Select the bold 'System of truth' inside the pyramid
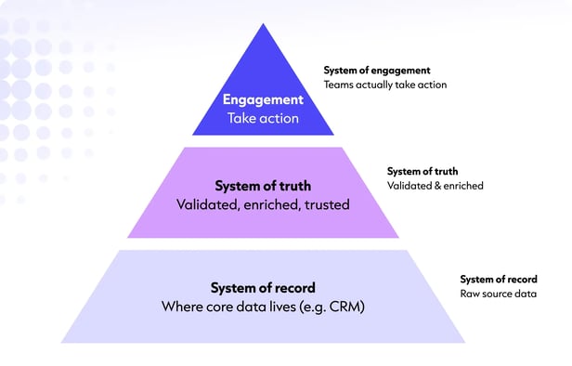pyautogui.click(x=263, y=186)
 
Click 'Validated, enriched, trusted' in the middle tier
pyautogui.click(x=263, y=204)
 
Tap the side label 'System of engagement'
pyautogui.click(x=376, y=71)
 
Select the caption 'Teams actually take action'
pyautogui.click(x=384, y=85)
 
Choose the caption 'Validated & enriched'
pyautogui.click(x=435, y=186)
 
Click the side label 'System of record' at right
pyautogui.click(x=498, y=279)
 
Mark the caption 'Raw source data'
pyautogui.click(x=498, y=294)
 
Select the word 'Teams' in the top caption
pyautogui.click(x=337, y=85)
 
